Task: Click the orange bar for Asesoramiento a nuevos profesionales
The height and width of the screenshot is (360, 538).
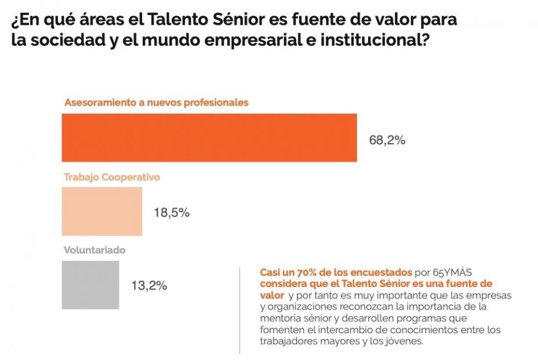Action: [x=209, y=137]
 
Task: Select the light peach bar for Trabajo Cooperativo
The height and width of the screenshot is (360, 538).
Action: [x=102, y=211]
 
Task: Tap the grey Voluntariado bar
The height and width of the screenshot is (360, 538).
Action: [x=90, y=285]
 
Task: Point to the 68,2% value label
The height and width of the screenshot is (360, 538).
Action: [x=387, y=140]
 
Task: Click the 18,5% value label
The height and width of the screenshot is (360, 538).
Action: [x=172, y=213]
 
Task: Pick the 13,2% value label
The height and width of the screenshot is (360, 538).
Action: [x=150, y=285]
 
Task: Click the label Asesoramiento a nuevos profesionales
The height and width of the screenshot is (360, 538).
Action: [x=156, y=103]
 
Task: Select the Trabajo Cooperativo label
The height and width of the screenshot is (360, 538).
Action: [x=111, y=177]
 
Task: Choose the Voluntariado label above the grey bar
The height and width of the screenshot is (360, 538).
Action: [x=94, y=250]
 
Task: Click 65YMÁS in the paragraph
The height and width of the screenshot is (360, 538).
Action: [x=460, y=272]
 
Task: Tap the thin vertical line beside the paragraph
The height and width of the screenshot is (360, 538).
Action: [x=240, y=310]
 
